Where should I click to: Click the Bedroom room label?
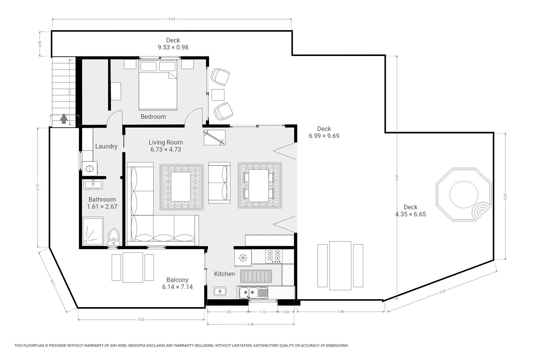(153, 117)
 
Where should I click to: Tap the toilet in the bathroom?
(114, 237)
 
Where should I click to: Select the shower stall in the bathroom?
(93, 231)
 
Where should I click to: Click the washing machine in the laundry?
(90, 169)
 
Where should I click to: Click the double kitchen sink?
(253, 292)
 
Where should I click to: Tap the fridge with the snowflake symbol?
(243, 257)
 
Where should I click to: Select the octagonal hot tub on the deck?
(464, 195)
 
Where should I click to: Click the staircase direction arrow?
(64, 118)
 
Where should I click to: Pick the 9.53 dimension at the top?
(172, 19)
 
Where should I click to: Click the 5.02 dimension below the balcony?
(141, 320)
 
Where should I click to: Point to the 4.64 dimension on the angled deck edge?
(443, 292)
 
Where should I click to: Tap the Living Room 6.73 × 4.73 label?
(166, 146)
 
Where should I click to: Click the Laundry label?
(106, 146)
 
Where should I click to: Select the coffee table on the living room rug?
(181, 186)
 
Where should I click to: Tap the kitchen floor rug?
(256, 276)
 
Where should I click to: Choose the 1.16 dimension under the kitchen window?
(263, 312)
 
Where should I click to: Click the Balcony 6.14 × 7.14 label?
(177, 283)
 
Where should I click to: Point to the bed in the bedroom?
(158, 85)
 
